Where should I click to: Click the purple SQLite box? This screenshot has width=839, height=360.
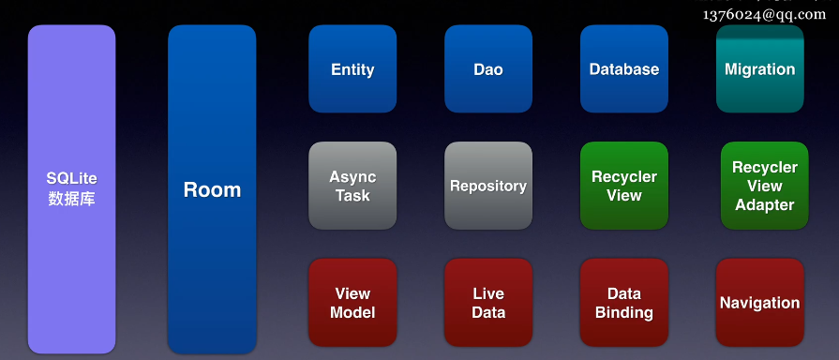pos(71,189)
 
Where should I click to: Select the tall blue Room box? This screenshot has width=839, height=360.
pos(212,189)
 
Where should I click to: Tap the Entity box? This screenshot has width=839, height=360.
pos(352,69)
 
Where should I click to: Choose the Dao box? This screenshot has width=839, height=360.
pos(488,69)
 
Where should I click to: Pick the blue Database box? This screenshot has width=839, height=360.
pos(624,69)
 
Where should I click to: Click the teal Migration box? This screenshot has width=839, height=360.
pos(760,69)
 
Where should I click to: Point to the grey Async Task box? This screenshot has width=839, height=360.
pos(352,186)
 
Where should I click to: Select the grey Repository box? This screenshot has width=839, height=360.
pos(488,186)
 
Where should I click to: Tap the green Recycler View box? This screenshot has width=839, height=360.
pos(624,186)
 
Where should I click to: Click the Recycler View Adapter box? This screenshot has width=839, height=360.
pos(765,186)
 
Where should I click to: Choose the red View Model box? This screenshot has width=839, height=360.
pos(352,302)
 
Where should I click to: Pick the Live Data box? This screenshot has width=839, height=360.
pos(488,302)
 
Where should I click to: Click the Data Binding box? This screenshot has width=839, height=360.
pos(624,302)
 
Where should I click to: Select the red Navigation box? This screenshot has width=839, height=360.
pos(760,302)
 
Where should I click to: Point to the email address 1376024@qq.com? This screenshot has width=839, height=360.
pos(765,14)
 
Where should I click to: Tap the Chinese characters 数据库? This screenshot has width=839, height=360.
pos(71,199)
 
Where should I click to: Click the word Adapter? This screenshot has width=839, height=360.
pos(765,205)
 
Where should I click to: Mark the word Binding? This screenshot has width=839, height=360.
pos(624,312)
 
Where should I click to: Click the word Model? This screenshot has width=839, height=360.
pos(352,312)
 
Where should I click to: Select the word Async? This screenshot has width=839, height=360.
pos(352,177)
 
